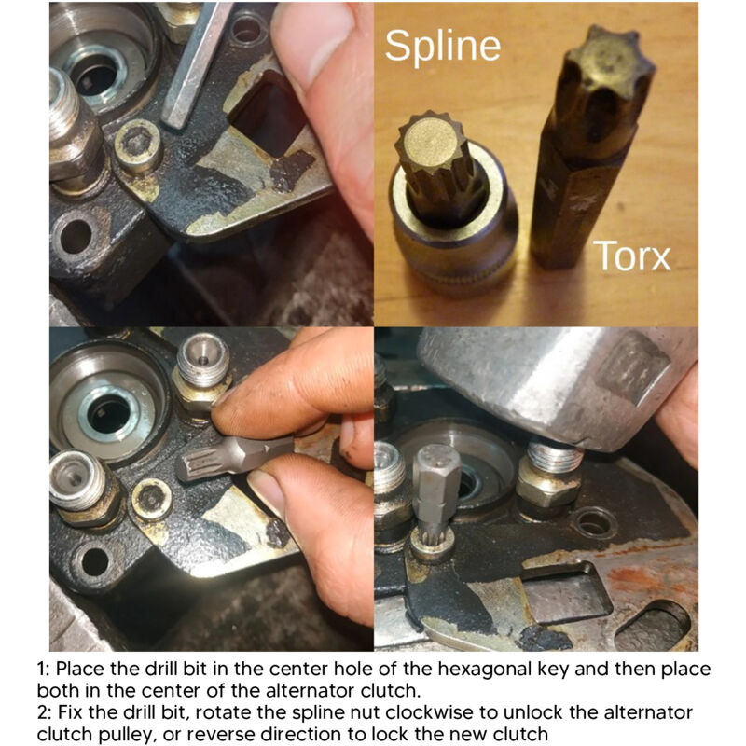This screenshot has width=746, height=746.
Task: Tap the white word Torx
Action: pyautogui.click(x=632, y=256)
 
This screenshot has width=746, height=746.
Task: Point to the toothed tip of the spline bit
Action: pyautogui.click(x=431, y=143)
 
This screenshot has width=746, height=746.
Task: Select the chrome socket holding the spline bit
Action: pyautogui.click(x=453, y=224)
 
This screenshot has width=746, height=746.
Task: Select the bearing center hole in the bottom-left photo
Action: pyautogui.click(x=108, y=414)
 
